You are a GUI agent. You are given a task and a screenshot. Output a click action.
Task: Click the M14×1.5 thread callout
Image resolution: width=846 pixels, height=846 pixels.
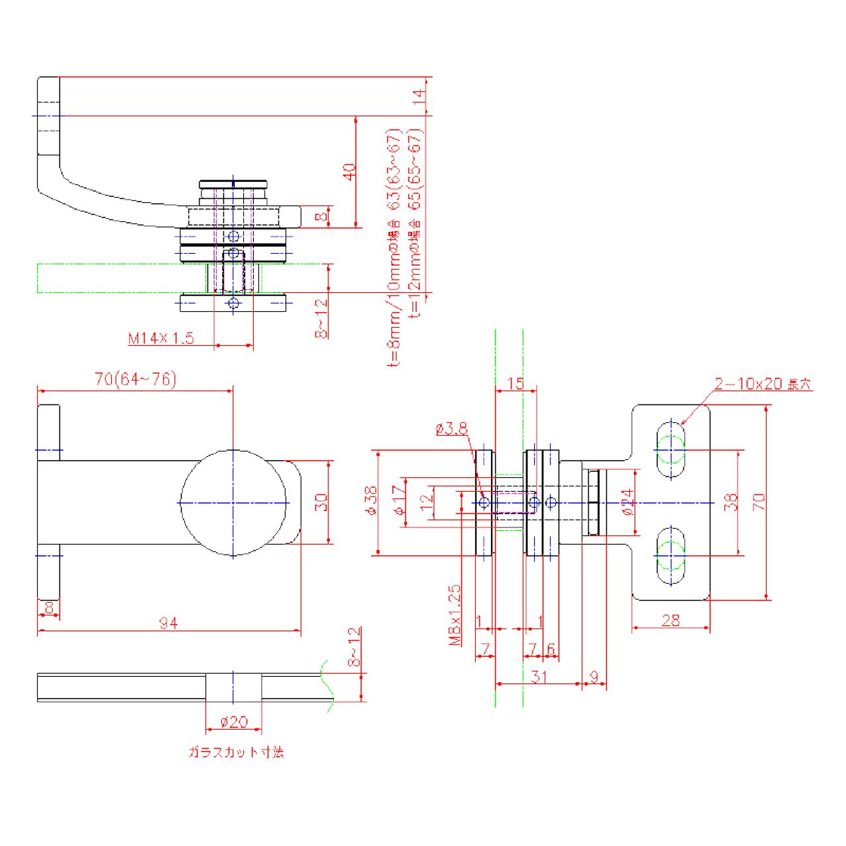[x=161, y=338]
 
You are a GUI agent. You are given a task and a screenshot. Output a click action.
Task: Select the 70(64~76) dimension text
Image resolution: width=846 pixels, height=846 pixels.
[x=135, y=379]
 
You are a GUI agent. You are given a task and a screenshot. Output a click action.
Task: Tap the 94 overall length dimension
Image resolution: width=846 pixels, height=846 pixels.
[x=169, y=623]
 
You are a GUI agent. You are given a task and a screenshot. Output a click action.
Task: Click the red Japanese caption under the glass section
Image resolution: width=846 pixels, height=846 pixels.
[x=236, y=752]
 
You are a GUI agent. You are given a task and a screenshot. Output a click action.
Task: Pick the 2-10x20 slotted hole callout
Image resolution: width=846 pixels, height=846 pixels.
[x=762, y=384]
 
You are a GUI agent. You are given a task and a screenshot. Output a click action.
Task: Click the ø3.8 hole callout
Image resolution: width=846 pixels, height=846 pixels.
[x=451, y=429]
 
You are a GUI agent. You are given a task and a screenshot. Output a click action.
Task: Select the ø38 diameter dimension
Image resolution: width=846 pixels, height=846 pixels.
[x=370, y=501]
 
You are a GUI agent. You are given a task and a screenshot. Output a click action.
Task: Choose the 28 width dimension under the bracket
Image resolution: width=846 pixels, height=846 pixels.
[x=670, y=620]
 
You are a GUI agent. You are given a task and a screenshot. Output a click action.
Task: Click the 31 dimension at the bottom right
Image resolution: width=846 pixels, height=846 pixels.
[x=539, y=676]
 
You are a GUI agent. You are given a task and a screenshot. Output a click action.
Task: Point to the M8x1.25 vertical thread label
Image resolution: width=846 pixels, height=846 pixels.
[x=455, y=615]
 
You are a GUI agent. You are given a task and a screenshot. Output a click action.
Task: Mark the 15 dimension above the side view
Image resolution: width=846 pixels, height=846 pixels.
[x=516, y=383]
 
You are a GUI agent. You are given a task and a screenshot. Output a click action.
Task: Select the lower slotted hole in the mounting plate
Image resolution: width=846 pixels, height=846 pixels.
[x=671, y=556]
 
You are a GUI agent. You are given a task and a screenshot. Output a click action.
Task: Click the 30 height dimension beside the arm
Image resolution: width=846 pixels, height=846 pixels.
[x=322, y=502]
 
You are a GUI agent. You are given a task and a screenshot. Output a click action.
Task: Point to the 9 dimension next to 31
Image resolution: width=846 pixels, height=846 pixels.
[x=594, y=676]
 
